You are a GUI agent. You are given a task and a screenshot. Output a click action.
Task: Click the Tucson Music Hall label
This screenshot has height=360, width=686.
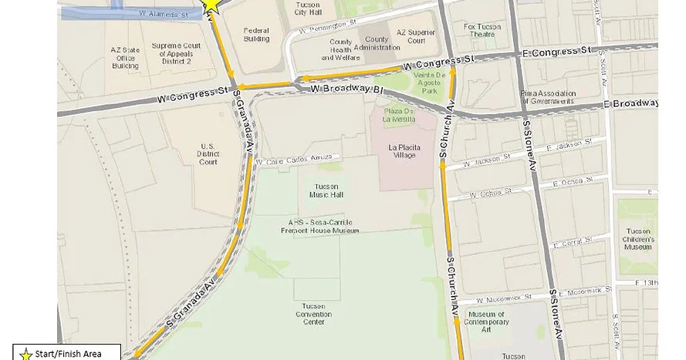point(328,190)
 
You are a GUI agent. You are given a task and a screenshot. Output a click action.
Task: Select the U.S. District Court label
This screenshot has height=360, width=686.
point(208,153)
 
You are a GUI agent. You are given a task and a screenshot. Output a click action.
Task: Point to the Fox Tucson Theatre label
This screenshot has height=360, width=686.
point(482,30)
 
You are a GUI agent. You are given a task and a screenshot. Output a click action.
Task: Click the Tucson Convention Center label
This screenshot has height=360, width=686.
point(313,314)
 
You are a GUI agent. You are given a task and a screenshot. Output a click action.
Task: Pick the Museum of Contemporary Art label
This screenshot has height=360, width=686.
point(486,321)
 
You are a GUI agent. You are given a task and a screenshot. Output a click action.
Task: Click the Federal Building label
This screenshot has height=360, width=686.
point(256,35)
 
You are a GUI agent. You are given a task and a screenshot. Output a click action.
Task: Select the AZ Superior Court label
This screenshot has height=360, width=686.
point(411,36)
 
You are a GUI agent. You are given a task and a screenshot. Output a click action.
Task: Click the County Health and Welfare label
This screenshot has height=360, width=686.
point(340,48)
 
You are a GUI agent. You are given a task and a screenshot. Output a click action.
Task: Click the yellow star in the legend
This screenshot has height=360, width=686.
point(25,354)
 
